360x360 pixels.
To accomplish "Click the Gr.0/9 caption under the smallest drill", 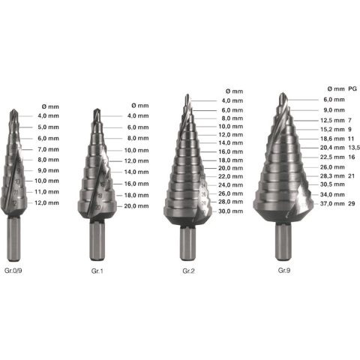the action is [x=13, y=271].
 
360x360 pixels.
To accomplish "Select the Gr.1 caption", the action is [x=97, y=271].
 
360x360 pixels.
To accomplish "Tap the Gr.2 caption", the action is [x=188, y=271].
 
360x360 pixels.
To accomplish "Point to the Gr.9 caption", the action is [x=284, y=270].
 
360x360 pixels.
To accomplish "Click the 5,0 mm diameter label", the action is [x=49, y=127].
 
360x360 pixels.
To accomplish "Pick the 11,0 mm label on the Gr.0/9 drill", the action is [x=47, y=192].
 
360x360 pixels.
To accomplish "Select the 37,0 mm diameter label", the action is [x=332, y=203].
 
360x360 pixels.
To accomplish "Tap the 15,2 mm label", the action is [x=332, y=129].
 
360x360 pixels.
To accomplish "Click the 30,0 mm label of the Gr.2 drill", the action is [x=231, y=211].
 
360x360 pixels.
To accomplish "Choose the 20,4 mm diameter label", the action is [x=332, y=148].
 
